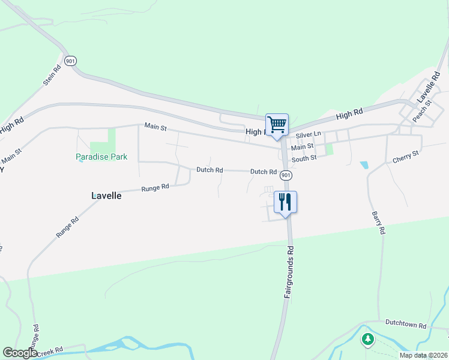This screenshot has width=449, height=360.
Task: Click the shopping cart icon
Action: pos(277,125)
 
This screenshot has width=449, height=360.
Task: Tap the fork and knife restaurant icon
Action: pos(285,201)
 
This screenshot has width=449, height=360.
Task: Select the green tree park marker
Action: pos(367,340)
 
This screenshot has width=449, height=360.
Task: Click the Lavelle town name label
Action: pos(107,196)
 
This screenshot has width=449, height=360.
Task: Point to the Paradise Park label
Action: pos(101,157)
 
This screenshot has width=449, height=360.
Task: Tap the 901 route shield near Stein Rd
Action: pos(71,61)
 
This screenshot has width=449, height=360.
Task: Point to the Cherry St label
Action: pos(405,158)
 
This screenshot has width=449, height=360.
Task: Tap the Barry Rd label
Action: pos(377,222)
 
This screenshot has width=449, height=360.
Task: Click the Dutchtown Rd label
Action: pos(405,325)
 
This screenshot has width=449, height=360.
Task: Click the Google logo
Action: pos(20,353)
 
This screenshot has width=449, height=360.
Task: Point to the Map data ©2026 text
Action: pos(423,355)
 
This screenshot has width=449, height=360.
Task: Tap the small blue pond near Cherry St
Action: pos(363,164)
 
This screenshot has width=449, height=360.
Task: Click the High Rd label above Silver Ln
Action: pos(350,113)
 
